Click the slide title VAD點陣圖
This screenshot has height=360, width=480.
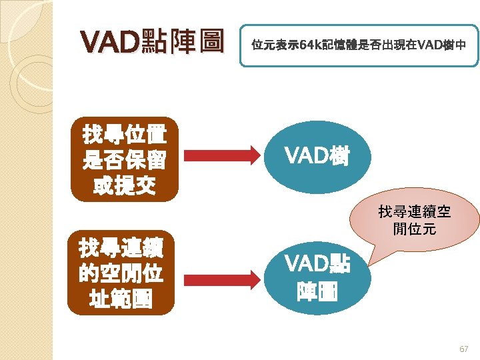pyautogui.click(x=151, y=43)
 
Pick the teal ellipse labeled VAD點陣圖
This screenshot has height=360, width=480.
pyautogui.click(x=317, y=277)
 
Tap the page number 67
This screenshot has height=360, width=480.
pyautogui.click(x=464, y=349)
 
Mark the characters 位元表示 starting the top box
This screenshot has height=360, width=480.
pyautogui.click(x=271, y=45)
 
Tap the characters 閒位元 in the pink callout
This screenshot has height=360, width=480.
pyautogui.click(x=415, y=230)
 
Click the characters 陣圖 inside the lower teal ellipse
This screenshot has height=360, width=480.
pyautogui.click(x=317, y=291)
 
